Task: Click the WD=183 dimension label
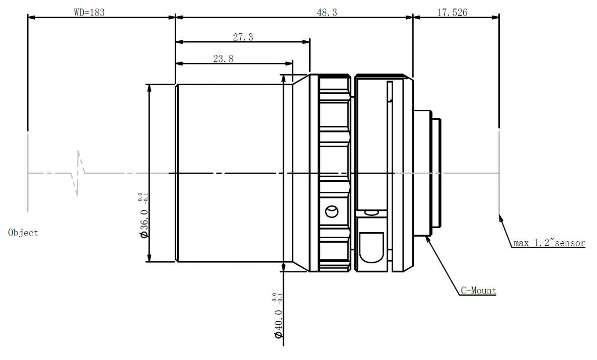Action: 89,12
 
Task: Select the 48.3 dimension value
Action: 327,12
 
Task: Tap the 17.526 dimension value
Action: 452,12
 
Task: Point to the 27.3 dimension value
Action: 243,37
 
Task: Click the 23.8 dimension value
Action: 223,59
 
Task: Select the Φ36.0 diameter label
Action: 144,224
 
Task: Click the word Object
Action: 23,233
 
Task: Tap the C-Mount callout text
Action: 479,291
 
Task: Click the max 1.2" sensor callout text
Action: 549,243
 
